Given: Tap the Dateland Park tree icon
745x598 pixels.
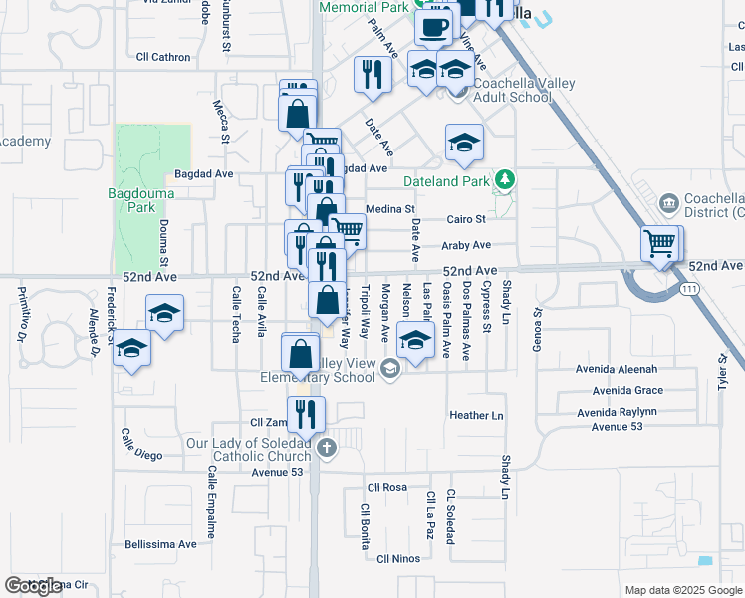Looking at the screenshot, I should tap(506, 180).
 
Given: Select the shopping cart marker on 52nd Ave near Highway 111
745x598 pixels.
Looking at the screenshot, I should tap(660, 242).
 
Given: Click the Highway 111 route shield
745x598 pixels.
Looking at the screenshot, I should tap(689, 289).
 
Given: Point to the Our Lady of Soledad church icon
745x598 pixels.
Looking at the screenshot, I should tap(326, 448).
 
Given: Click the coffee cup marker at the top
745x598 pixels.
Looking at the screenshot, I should tap(432, 28).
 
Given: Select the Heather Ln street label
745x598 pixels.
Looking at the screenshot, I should tap(477, 415).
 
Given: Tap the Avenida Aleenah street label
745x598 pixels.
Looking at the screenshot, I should tap(618, 370).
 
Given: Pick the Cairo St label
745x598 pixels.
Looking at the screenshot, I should tap(465, 219).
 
